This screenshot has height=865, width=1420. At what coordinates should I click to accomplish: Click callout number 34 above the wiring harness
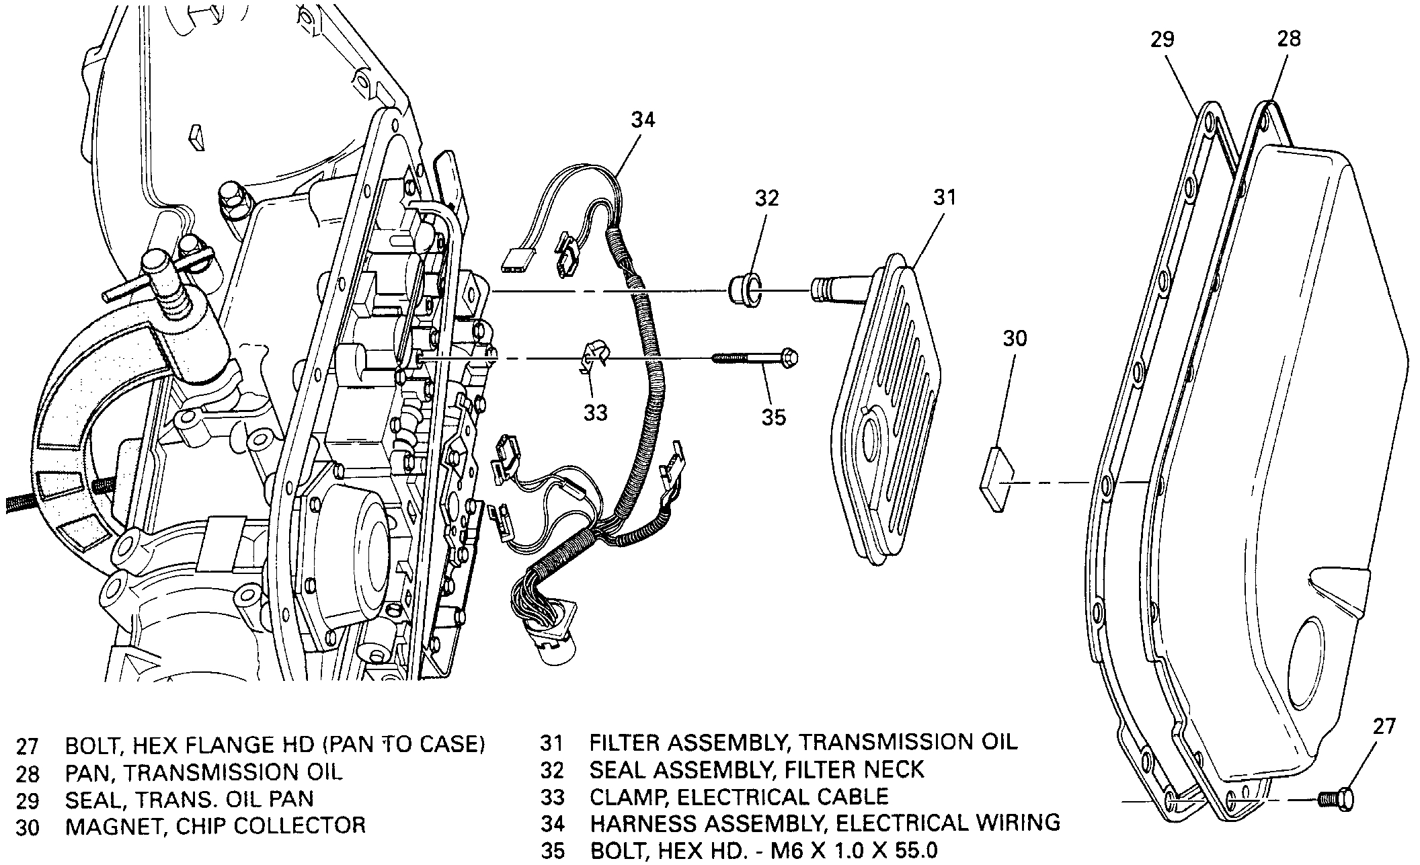point(643,120)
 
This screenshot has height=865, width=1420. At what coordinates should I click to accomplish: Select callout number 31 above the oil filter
point(944,198)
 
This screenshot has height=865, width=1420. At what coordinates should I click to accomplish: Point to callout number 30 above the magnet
point(1015,338)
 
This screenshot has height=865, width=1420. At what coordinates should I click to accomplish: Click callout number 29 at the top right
point(1161,39)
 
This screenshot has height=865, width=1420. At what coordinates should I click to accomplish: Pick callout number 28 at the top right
point(1289,39)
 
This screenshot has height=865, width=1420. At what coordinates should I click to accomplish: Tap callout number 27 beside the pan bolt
point(1384,727)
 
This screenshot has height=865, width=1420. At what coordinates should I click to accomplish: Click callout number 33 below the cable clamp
point(595,413)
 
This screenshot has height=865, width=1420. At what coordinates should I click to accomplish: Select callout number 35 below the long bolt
point(773,417)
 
